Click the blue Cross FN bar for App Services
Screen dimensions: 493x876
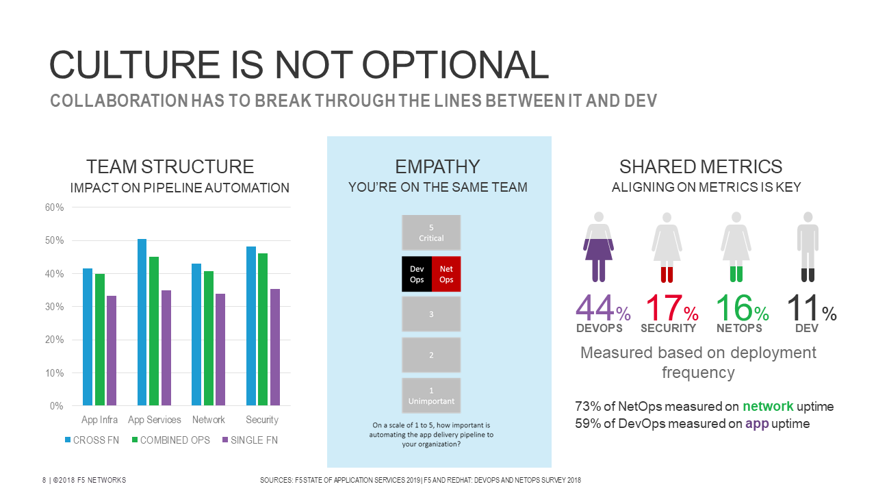click(142, 322)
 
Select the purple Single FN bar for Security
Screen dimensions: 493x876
click(275, 347)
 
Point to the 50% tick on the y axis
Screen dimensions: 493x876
click(55, 240)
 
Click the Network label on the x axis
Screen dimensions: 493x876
click(209, 420)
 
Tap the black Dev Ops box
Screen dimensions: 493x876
click(417, 274)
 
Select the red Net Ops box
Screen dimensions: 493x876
click(446, 274)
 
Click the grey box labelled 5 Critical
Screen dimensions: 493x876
click(431, 233)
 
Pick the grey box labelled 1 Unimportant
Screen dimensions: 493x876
click(431, 396)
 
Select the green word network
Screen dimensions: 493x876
click(768, 406)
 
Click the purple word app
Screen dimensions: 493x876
click(757, 424)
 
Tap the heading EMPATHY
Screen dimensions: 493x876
click(437, 166)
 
